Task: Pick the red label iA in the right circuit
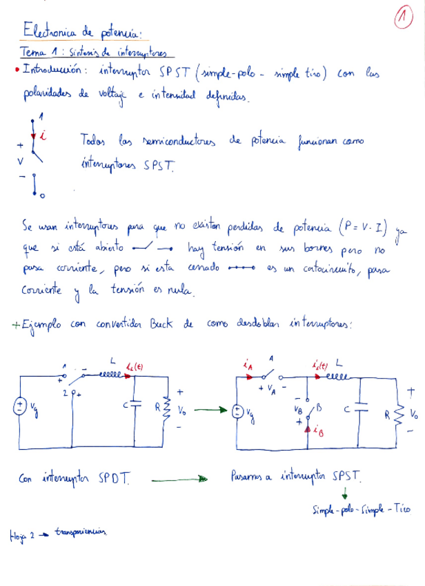247,364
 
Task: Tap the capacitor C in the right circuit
359,408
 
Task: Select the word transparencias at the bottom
81,532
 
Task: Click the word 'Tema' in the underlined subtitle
32,52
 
